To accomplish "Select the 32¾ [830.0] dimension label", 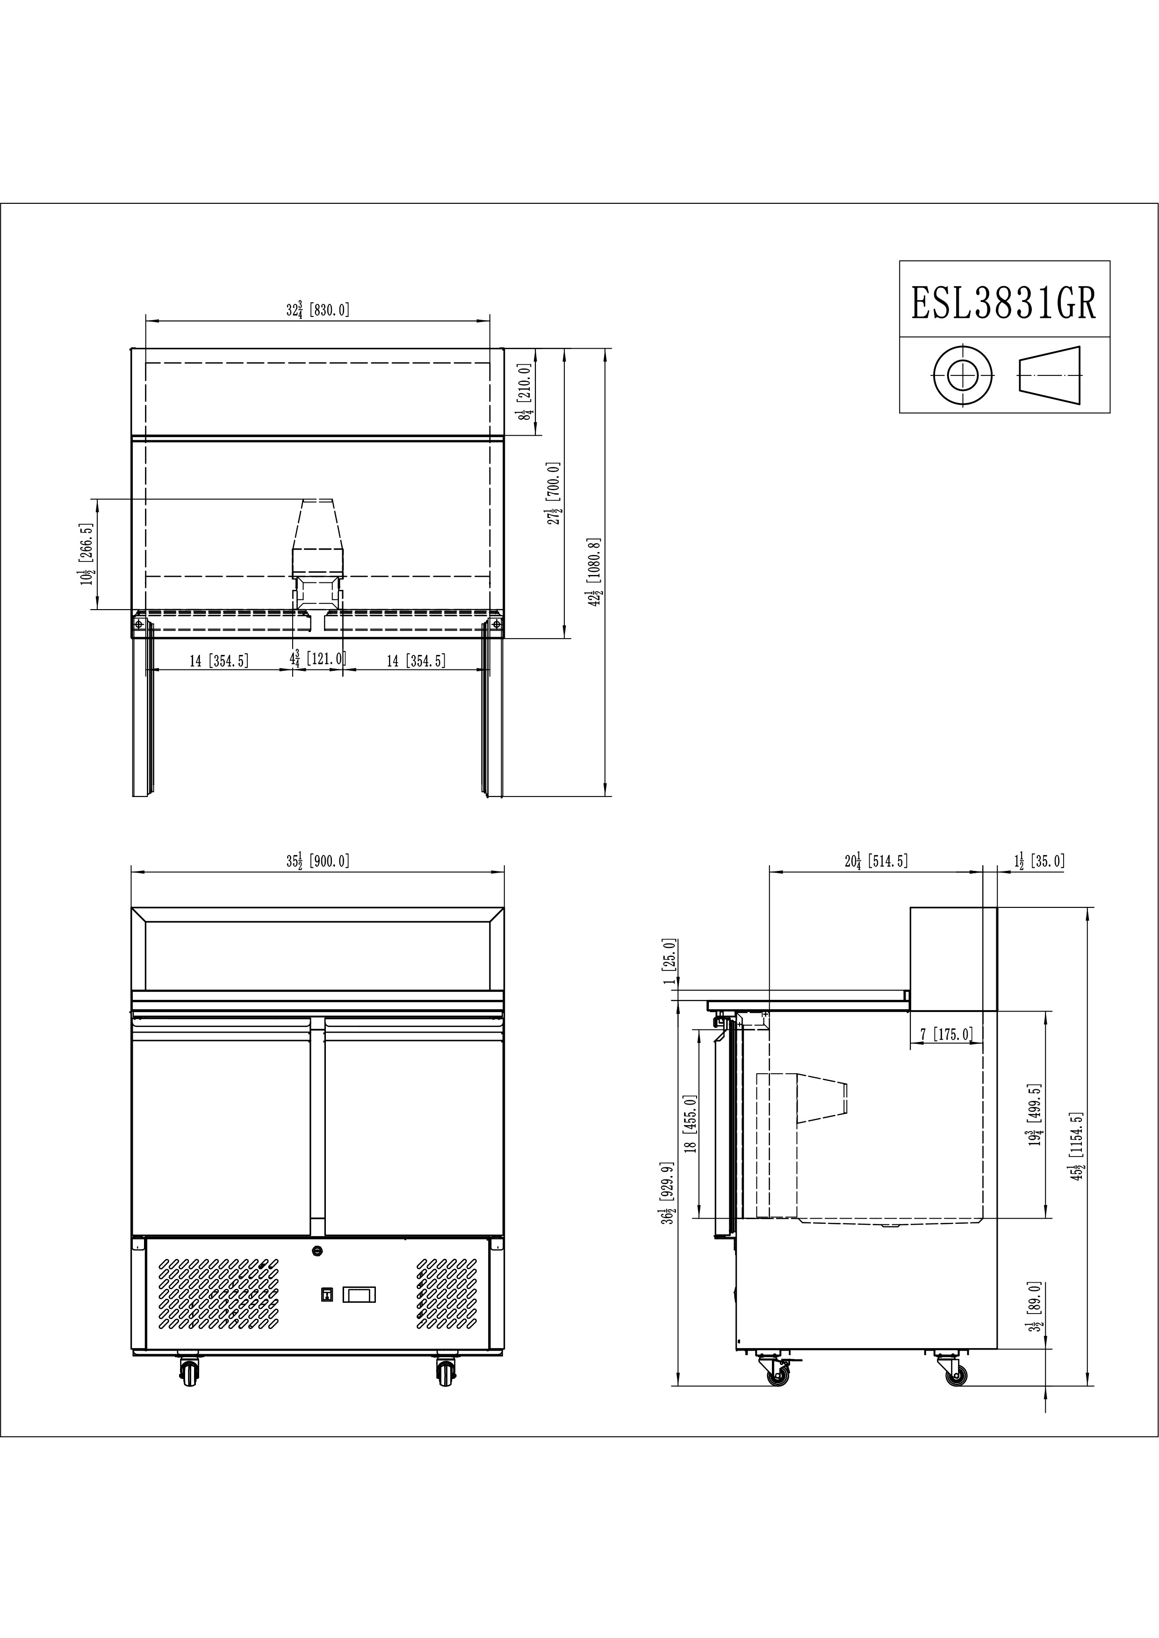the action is point(317,309).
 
